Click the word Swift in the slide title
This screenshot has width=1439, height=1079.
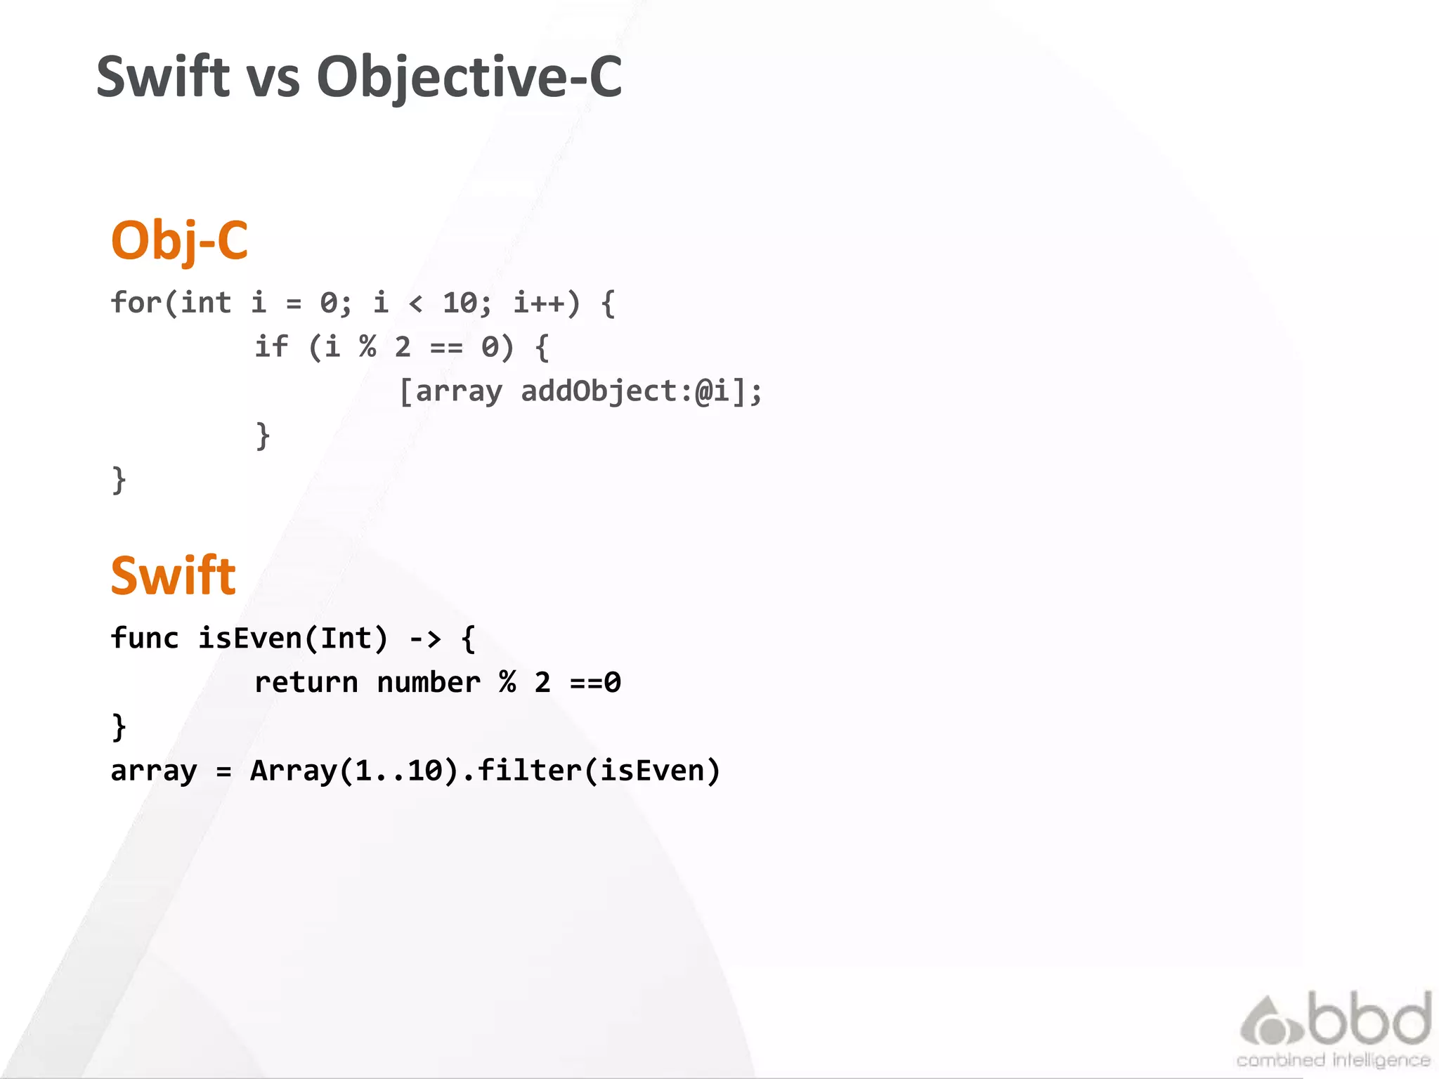point(163,77)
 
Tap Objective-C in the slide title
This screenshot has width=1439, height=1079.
point(469,78)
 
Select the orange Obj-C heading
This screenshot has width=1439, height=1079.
point(180,240)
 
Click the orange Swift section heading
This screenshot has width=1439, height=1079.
point(173,575)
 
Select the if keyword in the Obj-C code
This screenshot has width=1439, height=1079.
point(271,347)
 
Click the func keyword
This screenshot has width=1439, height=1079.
point(145,639)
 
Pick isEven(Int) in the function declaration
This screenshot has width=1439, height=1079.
point(293,639)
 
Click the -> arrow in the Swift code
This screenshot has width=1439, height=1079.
point(425,639)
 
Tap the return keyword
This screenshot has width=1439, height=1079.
point(306,683)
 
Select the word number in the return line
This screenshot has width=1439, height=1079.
point(429,683)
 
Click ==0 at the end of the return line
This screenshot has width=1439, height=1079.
point(595,683)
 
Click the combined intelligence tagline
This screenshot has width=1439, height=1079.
point(1333,1060)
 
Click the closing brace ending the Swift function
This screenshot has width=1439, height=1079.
point(119,727)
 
